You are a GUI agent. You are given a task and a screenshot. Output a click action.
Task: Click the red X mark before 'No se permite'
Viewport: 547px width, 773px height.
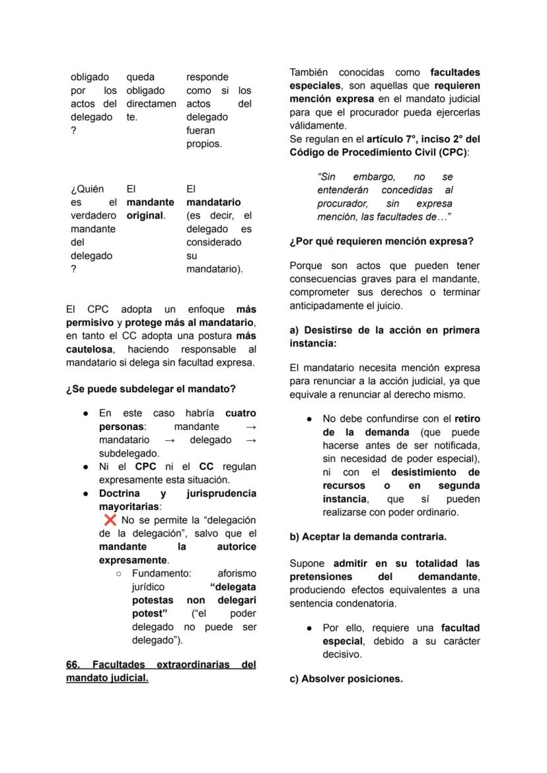point(110,520)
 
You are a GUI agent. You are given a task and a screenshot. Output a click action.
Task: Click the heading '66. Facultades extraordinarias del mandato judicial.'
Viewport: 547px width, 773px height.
point(161,671)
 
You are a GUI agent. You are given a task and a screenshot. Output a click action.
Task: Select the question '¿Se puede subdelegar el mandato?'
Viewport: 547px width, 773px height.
point(151,389)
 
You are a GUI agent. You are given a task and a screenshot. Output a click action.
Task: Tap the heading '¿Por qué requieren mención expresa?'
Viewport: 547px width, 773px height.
point(381,241)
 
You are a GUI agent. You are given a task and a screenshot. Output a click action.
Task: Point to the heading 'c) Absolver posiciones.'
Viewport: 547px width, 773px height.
point(346,679)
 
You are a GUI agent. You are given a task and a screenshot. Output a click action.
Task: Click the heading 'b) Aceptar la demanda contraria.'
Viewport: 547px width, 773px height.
point(367,537)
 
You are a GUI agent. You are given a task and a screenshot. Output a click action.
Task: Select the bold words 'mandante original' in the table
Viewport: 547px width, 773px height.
point(150,209)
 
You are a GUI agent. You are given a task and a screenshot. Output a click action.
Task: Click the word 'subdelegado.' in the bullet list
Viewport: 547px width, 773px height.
point(129,454)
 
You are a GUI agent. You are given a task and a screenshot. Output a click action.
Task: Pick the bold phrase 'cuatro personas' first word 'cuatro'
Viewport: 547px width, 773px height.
point(240,413)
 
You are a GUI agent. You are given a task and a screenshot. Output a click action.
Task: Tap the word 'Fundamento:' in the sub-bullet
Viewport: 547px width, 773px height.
point(161,573)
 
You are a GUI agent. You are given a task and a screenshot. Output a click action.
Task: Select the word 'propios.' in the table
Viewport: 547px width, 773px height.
point(203,143)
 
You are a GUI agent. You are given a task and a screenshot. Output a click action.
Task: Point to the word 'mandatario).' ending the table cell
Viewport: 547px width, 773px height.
point(214,269)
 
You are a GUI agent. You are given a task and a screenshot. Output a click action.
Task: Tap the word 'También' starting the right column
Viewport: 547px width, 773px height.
point(309,72)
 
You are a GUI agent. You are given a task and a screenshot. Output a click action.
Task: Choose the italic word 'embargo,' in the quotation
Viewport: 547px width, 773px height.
point(375,177)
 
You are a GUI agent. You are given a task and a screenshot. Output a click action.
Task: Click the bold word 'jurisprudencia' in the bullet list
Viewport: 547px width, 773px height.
point(221,493)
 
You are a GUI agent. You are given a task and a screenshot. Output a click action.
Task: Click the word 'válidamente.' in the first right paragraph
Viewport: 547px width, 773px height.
point(318,126)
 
